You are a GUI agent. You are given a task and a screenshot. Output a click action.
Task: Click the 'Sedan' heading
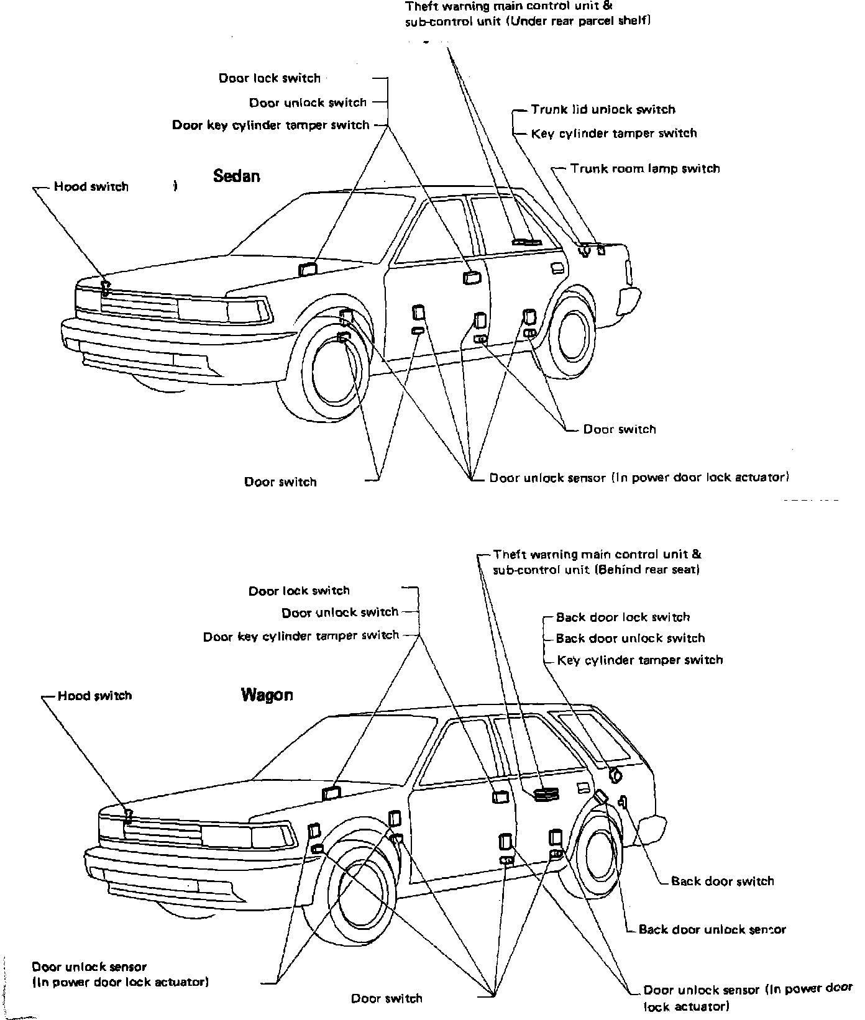coord(236,176)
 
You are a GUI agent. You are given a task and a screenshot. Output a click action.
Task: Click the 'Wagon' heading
coord(267,694)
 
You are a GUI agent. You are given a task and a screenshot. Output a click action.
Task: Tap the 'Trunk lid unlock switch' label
coord(602,109)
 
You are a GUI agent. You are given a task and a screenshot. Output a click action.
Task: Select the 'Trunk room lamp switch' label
coord(644,168)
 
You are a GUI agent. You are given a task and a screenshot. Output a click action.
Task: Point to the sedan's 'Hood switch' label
coord(91,187)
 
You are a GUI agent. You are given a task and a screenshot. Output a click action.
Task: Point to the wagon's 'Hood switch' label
coord(94,696)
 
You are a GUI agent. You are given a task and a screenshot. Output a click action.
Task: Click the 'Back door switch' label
coord(722,881)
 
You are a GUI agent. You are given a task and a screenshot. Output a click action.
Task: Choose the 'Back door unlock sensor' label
coord(712,929)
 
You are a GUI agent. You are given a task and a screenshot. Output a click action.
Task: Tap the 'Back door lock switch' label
coord(623,617)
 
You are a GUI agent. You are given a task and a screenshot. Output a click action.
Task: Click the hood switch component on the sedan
coord(106,287)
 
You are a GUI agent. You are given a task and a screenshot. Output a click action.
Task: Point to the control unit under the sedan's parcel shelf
coord(526,242)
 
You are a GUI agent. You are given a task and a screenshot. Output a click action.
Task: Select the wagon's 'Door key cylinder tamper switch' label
coord(301,636)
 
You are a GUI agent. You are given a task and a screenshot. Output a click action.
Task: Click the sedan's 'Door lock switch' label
coord(269,78)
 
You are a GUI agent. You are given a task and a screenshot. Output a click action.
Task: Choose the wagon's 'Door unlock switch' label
coord(339,612)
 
